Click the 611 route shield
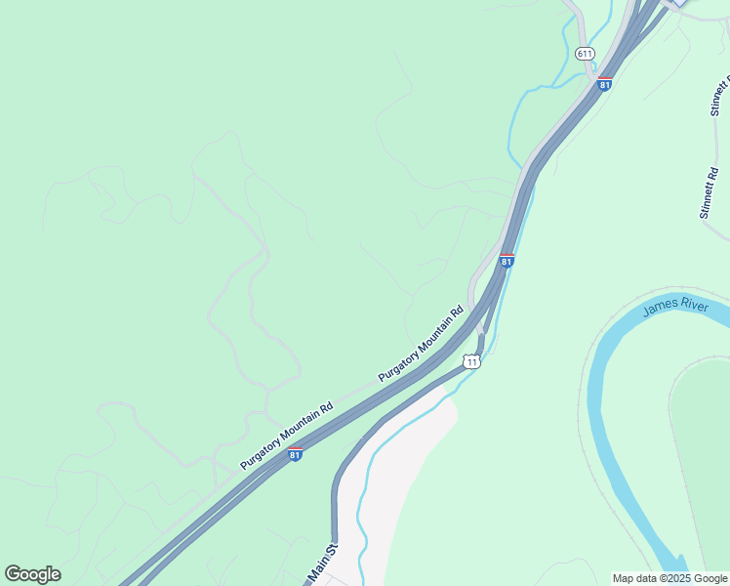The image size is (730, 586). coord(585,53)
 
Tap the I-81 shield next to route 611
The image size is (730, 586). coord(605,84)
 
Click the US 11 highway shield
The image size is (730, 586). coord(472,361)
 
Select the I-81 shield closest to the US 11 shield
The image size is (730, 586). coord(507,261)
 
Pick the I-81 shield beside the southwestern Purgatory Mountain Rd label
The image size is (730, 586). coord(295,454)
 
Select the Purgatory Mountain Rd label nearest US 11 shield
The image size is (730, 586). coord(421,345)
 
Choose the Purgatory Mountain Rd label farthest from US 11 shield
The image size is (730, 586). coord(287,436)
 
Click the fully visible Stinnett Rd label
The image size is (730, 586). coord(710,192)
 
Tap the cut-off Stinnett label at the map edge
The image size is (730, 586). coord(720,93)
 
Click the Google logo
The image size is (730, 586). coord(32,574)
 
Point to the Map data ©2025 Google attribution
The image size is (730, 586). coord(669,578)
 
